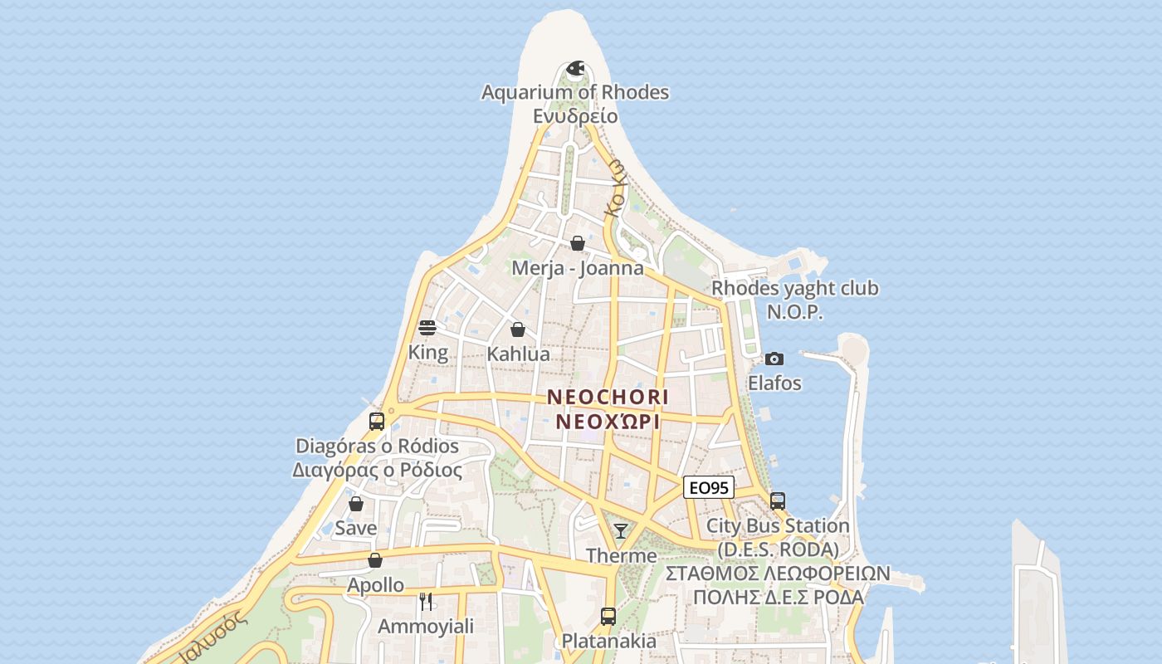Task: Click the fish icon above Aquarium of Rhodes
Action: click(x=575, y=67)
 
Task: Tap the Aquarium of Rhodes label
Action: click(x=575, y=92)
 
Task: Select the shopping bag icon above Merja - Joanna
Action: click(x=578, y=243)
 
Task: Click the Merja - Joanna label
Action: click(x=578, y=268)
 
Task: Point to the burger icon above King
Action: click(x=427, y=328)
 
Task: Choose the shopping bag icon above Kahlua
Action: click(x=518, y=330)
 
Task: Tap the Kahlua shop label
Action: click(x=518, y=354)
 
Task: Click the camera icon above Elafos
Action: click(x=774, y=359)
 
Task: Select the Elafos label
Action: click(x=774, y=383)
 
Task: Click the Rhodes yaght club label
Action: click(x=795, y=289)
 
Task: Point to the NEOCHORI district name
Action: click(x=608, y=398)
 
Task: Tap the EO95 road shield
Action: click(x=709, y=488)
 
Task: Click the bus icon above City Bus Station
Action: click(x=778, y=501)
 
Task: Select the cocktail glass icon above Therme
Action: click(x=621, y=531)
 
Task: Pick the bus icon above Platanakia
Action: click(x=608, y=617)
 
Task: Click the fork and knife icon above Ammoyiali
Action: click(x=426, y=602)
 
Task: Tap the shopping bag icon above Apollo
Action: click(x=375, y=560)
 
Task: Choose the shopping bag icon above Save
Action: click(x=356, y=504)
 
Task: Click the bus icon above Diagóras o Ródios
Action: click(x=377, y=421)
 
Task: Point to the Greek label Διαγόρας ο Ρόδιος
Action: click(x=377, y=470)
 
